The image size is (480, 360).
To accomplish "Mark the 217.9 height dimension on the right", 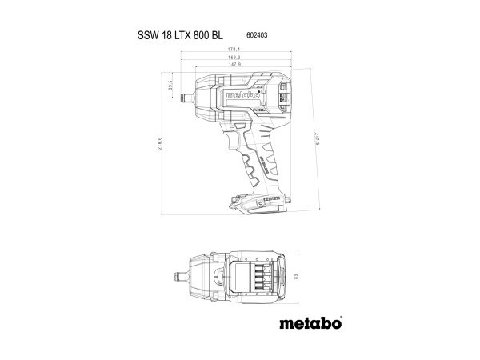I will click(x=318, y=141).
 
